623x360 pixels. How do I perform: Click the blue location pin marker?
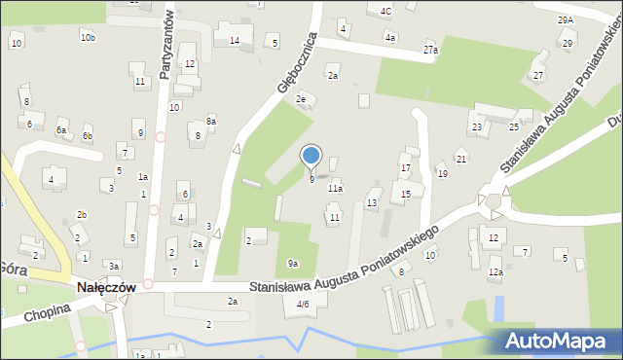click(311, 157)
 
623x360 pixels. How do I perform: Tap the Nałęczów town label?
click(107, 287)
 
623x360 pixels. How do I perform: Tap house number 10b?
click(89, 37)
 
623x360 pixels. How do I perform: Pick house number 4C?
click(385, 12)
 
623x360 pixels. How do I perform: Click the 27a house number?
click(430, 50)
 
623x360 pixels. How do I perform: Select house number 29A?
click(565, 19)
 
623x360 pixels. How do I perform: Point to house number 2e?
click(302, 98)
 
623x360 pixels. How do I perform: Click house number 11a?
click(335, 188)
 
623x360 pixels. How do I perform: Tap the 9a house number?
click(292, 263)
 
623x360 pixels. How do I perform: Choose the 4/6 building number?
click(303, 305)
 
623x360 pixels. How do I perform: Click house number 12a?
click(495, 271)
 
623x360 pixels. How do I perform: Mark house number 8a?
click(210, 121)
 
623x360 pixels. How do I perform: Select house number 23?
click(476, 127)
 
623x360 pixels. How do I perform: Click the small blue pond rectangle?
click(499, 309)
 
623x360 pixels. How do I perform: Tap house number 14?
click(235, 40)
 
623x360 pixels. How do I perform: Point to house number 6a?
click(61, 130)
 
